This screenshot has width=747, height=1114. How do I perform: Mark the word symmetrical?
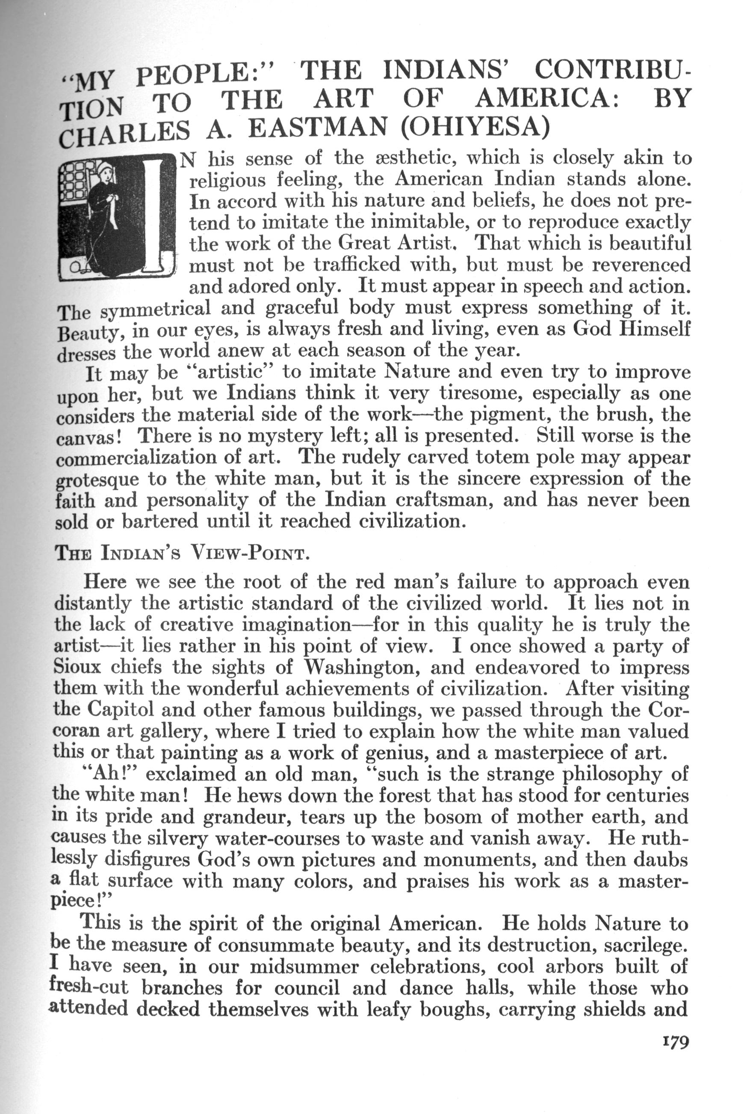point(156,309)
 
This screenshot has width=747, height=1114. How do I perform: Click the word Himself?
point(654,330)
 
